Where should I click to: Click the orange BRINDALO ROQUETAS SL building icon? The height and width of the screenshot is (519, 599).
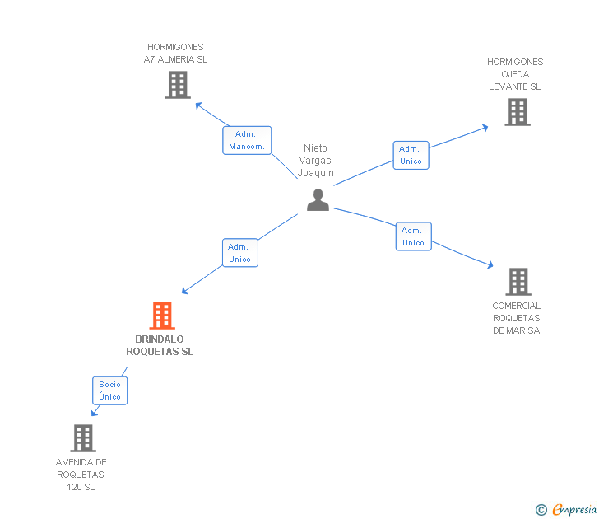point(162,316)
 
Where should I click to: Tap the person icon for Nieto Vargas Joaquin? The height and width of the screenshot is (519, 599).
point(318,199)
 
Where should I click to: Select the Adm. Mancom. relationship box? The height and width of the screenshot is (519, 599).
point(247,140)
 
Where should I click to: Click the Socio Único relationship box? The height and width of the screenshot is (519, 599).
point(109,390)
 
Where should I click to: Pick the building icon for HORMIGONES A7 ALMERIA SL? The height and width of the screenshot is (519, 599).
point(178,85)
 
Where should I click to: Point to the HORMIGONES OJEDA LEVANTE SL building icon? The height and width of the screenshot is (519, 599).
point(518,112)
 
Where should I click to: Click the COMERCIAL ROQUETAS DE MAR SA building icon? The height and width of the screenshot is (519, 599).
point(518,282)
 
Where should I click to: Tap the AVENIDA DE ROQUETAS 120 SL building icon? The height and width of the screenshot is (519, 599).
point(83,438)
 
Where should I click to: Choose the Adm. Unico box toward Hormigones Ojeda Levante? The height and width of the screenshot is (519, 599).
point(411,155)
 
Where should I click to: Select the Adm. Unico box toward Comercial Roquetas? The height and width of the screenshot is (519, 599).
point(413,236)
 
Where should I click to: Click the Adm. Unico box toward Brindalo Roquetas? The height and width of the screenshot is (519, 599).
point(240,253)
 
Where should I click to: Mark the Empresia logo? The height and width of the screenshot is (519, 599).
point(574,509)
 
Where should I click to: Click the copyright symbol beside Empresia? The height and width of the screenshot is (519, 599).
point(541,510)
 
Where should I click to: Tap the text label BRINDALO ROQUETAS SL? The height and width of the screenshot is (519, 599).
point(160,345)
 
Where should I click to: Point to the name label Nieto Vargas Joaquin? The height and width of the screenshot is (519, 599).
point(316,161)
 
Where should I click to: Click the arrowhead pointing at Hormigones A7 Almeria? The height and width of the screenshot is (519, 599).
point(198,105)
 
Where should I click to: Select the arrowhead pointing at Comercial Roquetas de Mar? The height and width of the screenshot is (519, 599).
point(490,264)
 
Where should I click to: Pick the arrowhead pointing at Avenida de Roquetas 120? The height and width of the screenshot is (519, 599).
point(94,412)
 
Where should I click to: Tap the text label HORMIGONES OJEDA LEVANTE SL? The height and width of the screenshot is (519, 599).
point(515,74)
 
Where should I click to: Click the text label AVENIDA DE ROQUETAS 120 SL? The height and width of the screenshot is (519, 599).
point(81,475)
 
